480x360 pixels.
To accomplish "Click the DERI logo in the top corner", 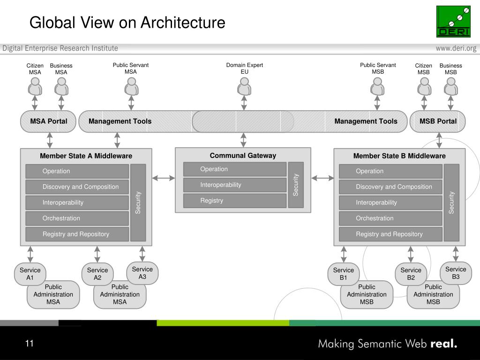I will (x=453, y=22).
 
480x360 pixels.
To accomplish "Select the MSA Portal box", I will (x=49, y=121).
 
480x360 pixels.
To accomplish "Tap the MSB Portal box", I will (x=438, y=121).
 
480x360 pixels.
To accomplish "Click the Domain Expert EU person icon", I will (x=244, y=87).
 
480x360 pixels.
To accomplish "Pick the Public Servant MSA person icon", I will (x=131, y=87).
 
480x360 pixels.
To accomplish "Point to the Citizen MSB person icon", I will (x=424, y=87).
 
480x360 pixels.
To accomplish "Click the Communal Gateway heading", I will (x=243, y=156).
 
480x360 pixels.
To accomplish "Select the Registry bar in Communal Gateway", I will (x=234, y=201).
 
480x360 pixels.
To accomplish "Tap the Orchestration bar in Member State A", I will (x=77, y=218).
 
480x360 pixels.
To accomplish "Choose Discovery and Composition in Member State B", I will (x=390, y=187).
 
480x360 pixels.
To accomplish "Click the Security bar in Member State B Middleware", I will (x=451, y=202).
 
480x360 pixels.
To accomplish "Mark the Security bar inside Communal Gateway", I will (x=296, y=185).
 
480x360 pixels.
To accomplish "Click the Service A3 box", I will (x=142, y=273).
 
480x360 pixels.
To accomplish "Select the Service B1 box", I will (x=344, y=274).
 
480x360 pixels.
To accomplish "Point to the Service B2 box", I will (x=411, y=274).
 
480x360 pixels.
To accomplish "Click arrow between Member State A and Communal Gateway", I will (x=163, y=178).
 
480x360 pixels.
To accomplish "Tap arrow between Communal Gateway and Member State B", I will (x=322, y=178).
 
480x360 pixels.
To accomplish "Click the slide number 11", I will (x=30, y=344).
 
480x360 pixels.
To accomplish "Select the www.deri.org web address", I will (x=456, y=48).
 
